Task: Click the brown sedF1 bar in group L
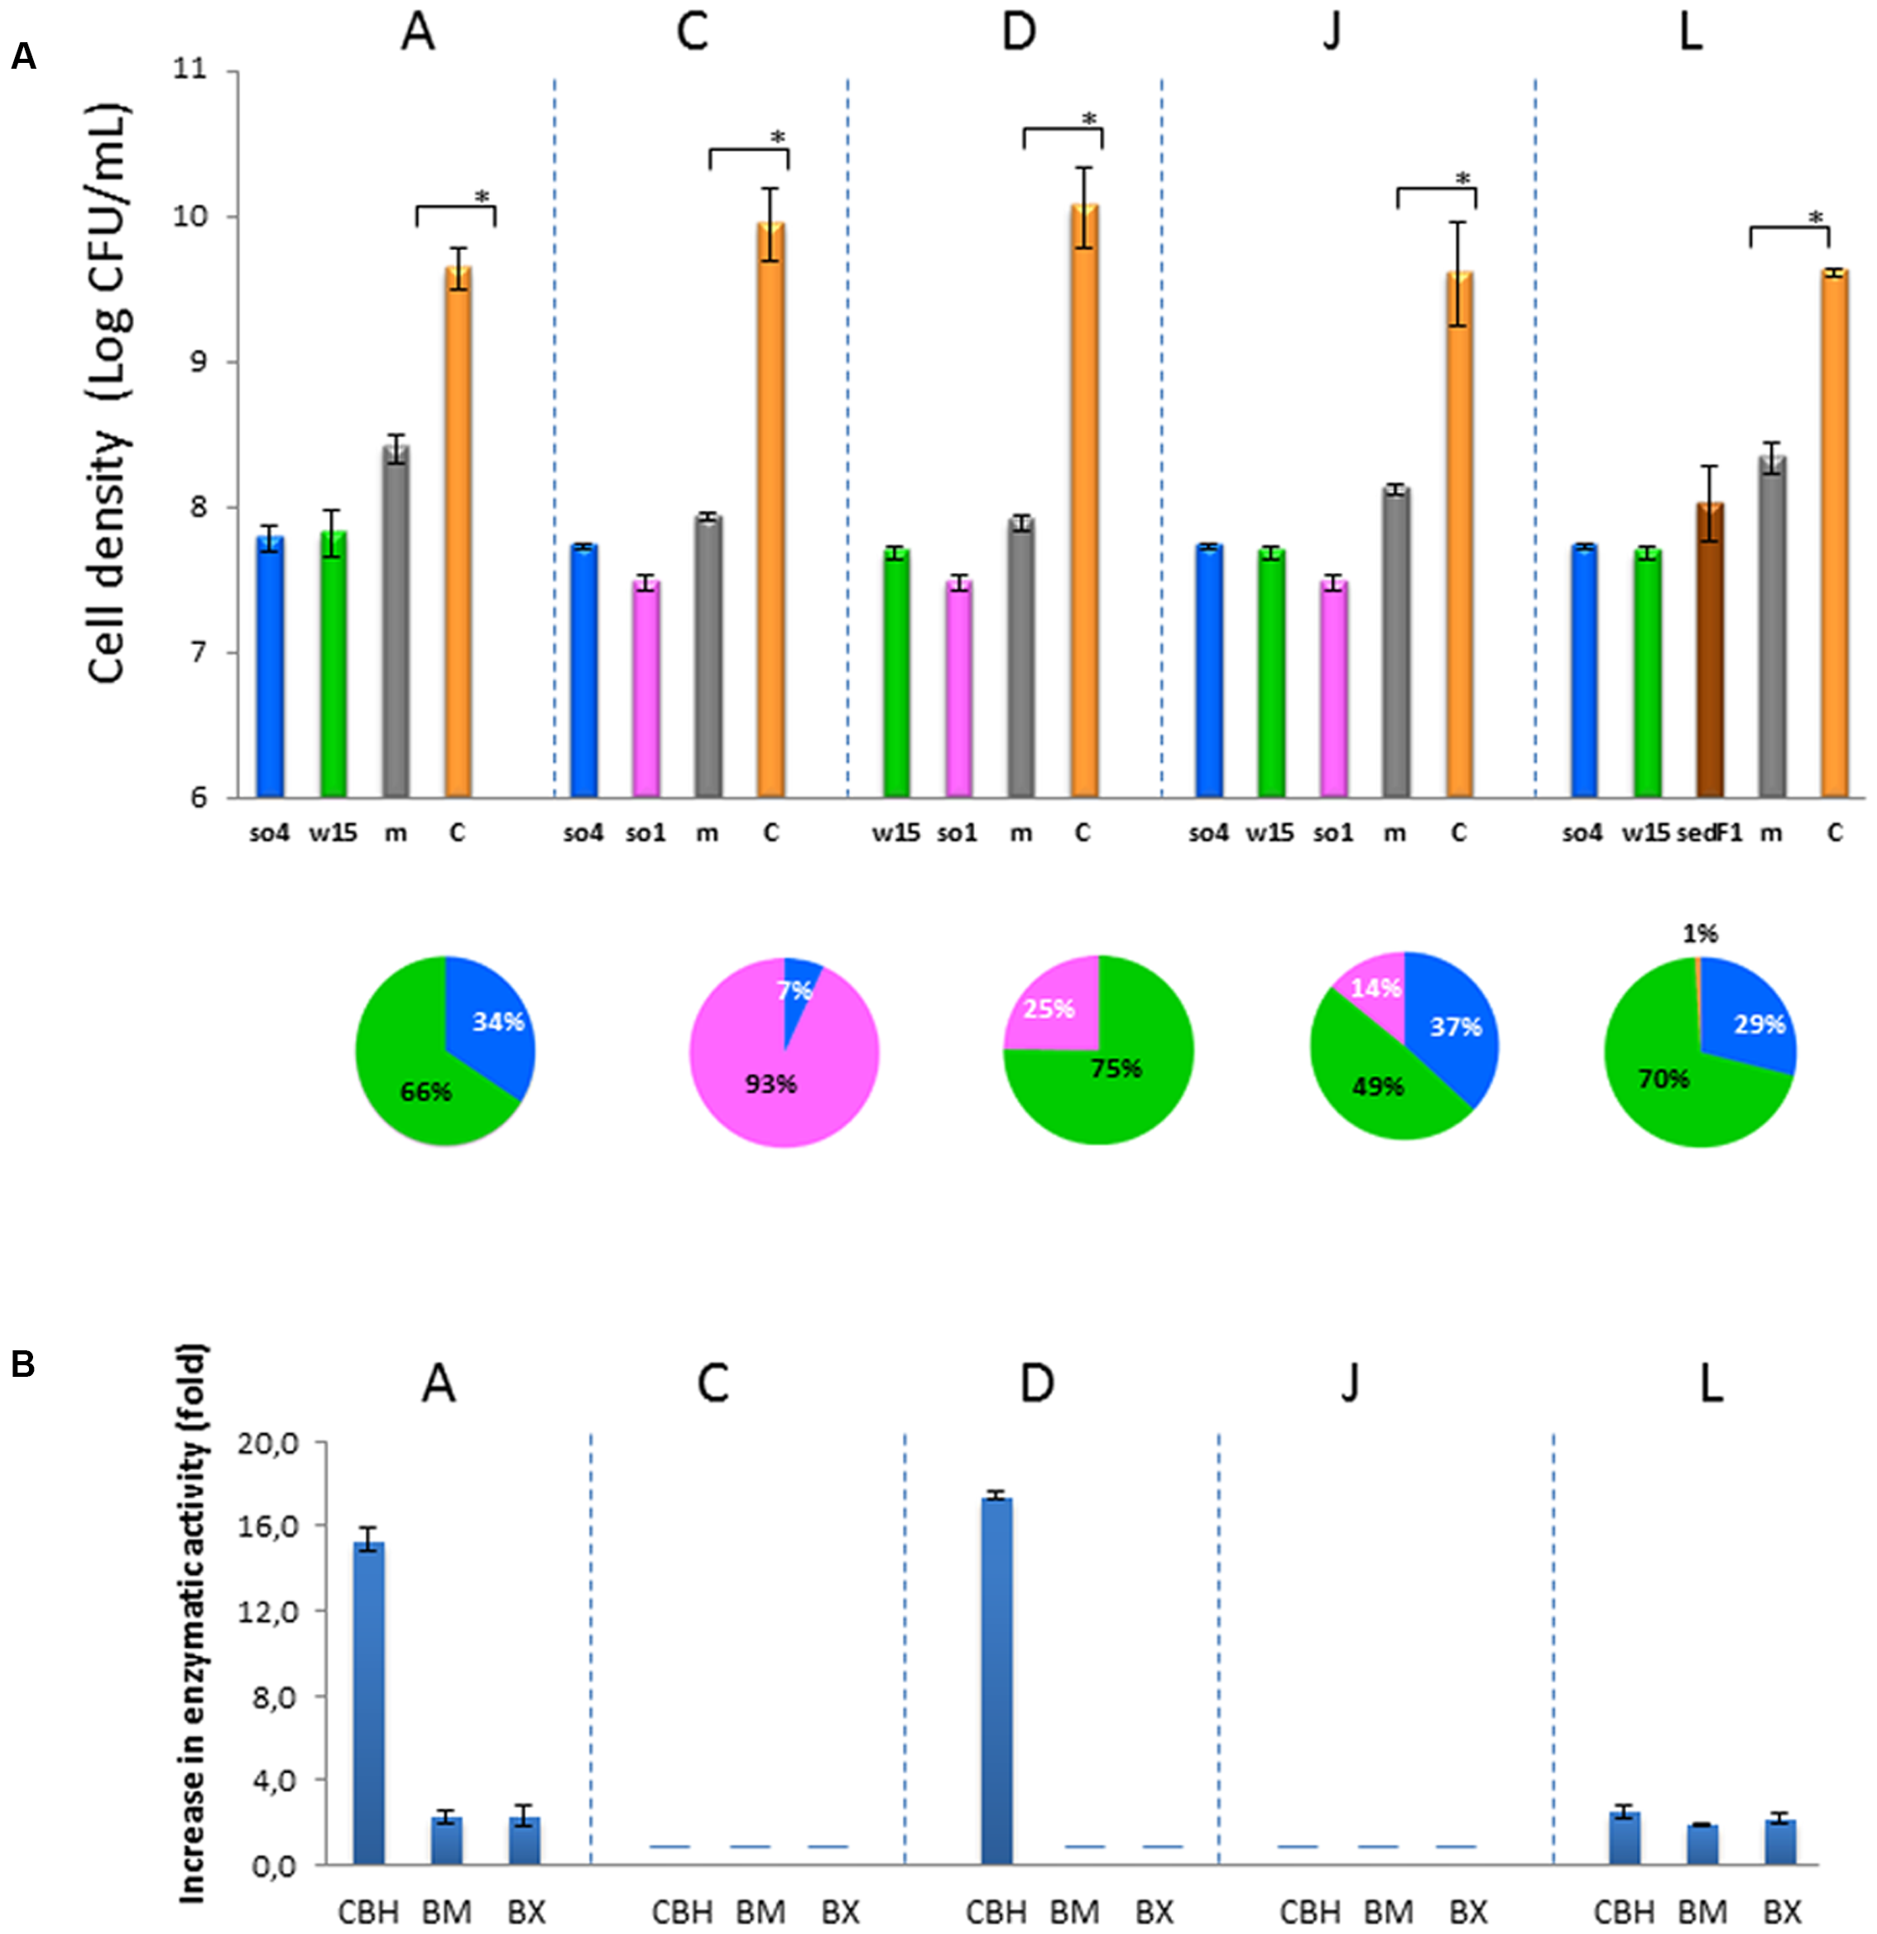(1709, 652)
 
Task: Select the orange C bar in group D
(1084, 503)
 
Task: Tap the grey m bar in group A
(396, 622)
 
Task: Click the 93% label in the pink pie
(770, 1085)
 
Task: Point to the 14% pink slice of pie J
(1374, 989)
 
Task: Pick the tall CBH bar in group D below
(996, 1677)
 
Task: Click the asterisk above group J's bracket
(1462, 180)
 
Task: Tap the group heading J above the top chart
(1331, 32)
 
